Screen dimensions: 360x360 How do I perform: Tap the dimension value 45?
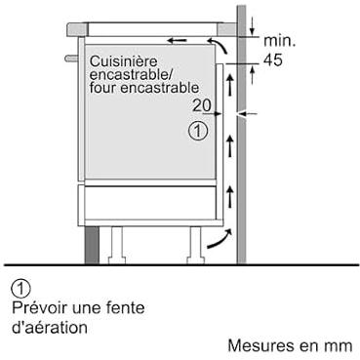click(x=273, y=60)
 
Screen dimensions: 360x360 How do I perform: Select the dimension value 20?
click(x=202, y=105)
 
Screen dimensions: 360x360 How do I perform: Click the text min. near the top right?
click(x=279, y=41)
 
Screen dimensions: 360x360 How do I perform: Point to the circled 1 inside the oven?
click(x=198, y=131)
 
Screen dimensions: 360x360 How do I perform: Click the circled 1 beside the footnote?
click(x=20, y=289)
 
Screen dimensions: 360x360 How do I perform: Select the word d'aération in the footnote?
click(x=50, y=328)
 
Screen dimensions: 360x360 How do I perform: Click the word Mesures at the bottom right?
click(x=259, y=345)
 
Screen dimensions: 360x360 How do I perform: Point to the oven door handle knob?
click(x=71, y=59)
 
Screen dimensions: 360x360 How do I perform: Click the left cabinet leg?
click(x=116, y=245)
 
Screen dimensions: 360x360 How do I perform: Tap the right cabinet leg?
click(x=195, y=245)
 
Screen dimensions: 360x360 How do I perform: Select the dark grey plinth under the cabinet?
click(x=92, y=245)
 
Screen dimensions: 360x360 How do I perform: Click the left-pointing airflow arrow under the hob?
click(x=178, y=40)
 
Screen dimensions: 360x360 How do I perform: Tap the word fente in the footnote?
click(x=125, y=307)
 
